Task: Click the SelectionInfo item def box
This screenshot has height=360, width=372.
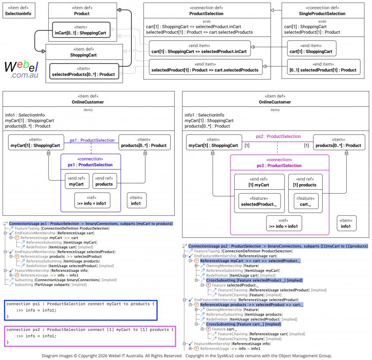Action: (19, 11)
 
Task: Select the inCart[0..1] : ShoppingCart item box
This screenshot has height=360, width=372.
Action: (81, 30)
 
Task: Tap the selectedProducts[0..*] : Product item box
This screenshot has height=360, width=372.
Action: (84, 72)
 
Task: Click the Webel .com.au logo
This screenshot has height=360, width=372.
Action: (21, 69)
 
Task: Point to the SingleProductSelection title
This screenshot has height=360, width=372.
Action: (322, 13)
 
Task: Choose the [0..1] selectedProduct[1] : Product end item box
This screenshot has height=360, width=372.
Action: (323, 67)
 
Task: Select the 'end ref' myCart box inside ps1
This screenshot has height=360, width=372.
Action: (77, 181)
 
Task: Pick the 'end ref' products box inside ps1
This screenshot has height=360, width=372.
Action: (105, 181)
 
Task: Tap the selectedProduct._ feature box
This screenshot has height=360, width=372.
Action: (260, 201)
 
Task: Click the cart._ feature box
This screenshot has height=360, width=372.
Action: (306, 201)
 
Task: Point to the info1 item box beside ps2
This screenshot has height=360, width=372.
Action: (347, 223)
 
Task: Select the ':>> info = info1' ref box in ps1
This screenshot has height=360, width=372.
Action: (92, 201)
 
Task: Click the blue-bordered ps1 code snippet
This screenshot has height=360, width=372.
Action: (80, 310)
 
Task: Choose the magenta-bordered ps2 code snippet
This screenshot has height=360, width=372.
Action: (90, 336)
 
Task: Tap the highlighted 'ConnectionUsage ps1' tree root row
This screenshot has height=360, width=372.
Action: (91, 224)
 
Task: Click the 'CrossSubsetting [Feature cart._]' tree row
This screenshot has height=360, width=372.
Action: (243, 324)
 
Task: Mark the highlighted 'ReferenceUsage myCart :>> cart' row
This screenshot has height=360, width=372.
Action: (250, 261)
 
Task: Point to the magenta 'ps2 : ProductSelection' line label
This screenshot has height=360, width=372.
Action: (278, 136)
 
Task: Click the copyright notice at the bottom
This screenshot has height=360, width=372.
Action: (187, 356)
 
